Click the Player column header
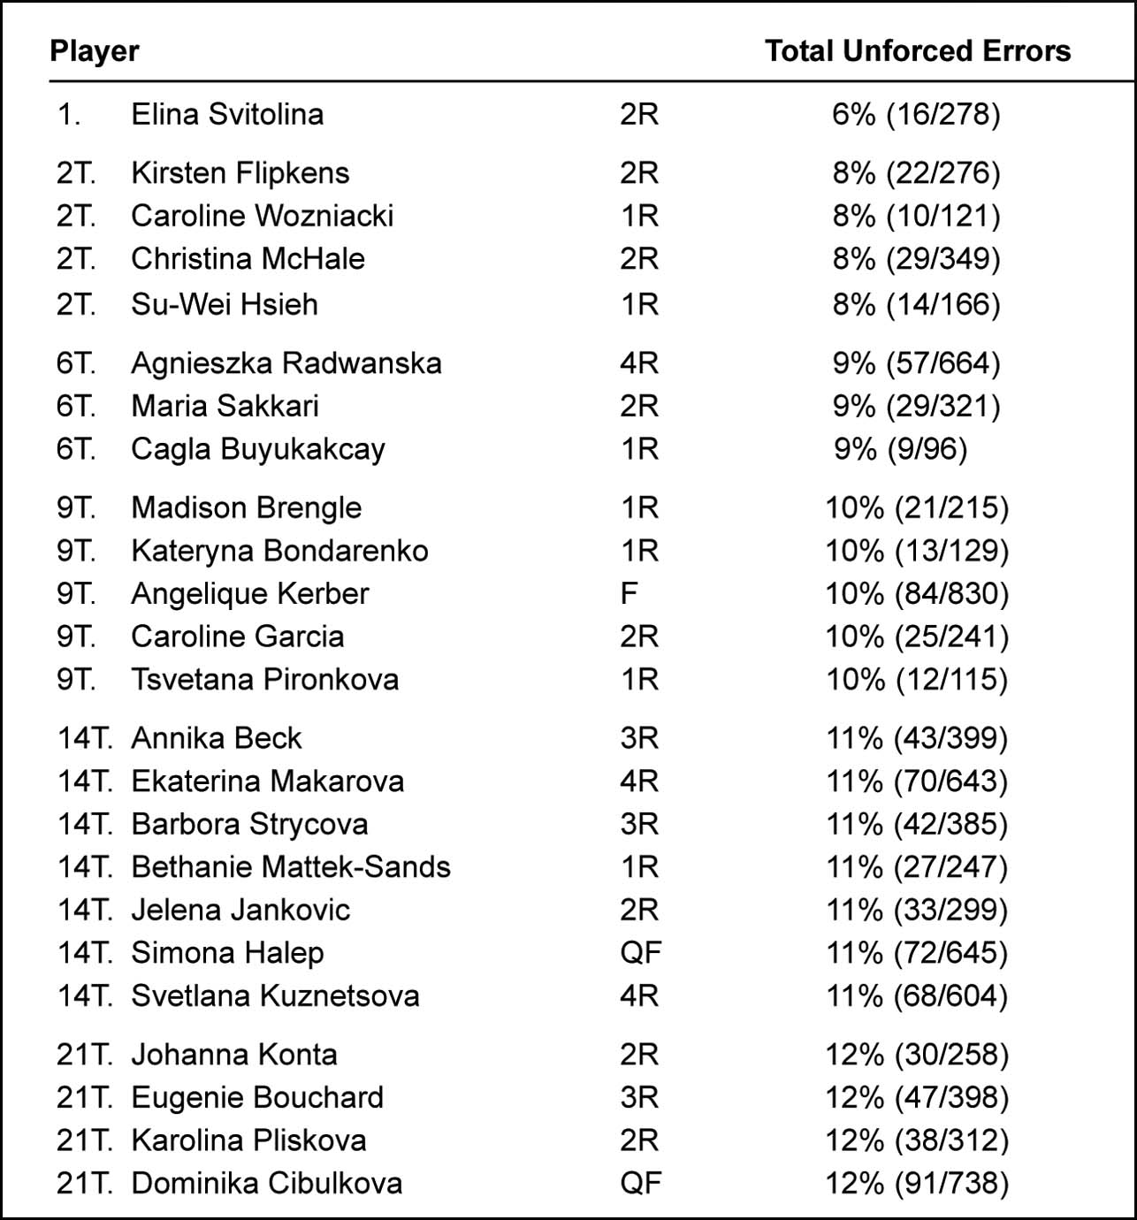pos(95,51)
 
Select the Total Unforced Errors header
pos(917,51)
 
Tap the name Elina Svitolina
pos(227,114)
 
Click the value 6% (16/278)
pos(916,114)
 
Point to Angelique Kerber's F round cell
pos(629,593)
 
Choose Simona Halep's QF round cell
pos(640,952)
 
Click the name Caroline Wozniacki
pos(262,216)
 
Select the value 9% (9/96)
pos(900,449)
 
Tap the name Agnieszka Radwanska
pos(286,363)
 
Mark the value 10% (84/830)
pos(916,593)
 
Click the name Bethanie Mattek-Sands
pos(291,866)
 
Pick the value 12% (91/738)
pos(916,1183)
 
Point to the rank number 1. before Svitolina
pos(69,114)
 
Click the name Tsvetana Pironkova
pos(264,679)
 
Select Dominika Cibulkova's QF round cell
pos(640,1183)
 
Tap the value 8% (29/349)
pos(916,259)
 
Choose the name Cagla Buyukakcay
pos(258,449)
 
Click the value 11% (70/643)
pos(916,782)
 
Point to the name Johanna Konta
pos(234,1055)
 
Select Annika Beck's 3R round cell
pos(639,738)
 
